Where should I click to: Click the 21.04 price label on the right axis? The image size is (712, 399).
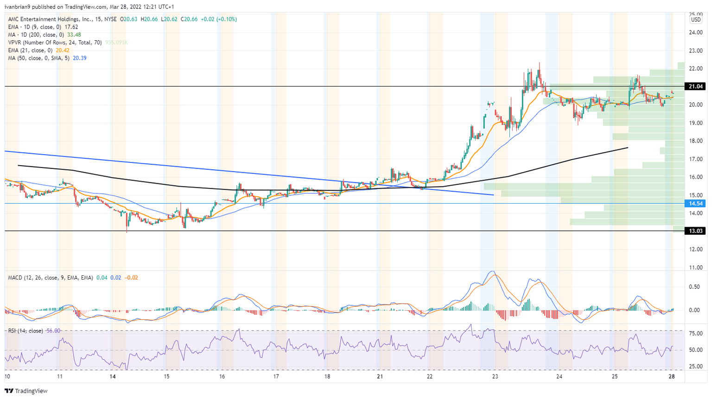point(696,87)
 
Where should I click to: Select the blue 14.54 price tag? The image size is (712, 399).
point(696,204)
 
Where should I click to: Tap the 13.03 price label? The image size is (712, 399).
point(696,231)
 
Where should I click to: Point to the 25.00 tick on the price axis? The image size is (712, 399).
point(695,14)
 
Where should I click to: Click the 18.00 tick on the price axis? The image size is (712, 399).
point(695,141)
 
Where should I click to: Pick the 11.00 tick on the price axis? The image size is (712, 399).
point(695,268)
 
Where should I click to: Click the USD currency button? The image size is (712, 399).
point(696,20)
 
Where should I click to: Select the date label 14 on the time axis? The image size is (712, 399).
point(113,377)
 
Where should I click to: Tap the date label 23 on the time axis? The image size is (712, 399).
point(495,377)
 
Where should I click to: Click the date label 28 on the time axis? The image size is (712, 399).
point(671,377)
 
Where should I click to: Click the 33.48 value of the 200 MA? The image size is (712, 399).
point(74,35)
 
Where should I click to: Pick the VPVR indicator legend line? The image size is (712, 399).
point(55,43)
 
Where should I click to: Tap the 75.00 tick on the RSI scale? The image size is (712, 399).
point(694,333)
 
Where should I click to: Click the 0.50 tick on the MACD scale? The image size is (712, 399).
point(694,287)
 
